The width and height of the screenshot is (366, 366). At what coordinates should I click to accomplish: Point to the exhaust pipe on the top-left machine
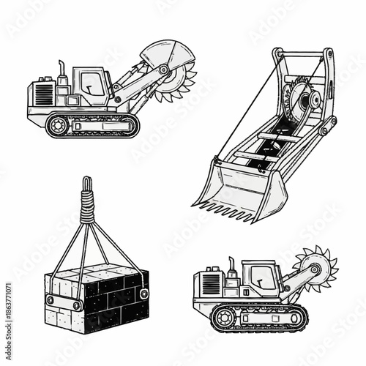61,70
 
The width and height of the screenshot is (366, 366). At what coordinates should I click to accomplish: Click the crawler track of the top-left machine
91,125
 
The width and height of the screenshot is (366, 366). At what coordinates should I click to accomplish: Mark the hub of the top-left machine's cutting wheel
164,70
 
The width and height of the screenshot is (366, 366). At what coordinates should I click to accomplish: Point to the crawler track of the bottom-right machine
253,316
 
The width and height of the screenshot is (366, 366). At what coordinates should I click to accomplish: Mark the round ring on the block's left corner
49,300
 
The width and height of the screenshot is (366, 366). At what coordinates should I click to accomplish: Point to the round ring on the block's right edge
143,294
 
